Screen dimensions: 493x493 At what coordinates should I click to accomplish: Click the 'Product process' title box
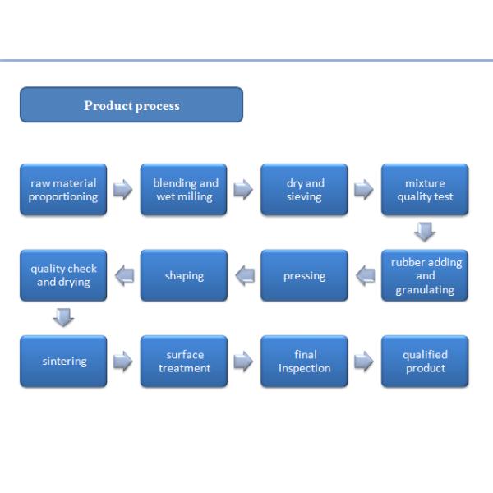(x=131, y=105)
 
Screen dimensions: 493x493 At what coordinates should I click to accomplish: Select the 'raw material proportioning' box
(x=63, y=190)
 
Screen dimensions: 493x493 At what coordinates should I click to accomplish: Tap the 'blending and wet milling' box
(x=184, y=190)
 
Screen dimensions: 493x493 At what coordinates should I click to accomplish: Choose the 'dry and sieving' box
(x=304, y=190)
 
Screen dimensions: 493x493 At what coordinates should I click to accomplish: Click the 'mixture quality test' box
(x=425, y=190)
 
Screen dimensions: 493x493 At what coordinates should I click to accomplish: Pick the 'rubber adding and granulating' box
(x=425, y=276)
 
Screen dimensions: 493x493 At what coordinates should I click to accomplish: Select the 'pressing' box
(x=304, y=276)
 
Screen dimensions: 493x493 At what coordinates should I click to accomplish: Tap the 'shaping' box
(x=184, y=276)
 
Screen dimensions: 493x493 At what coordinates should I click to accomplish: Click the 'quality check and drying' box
(x=63, y=276)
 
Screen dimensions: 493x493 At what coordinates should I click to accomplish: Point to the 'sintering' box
(x=63, y=362)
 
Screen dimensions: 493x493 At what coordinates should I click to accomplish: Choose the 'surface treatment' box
(x=184, y=362)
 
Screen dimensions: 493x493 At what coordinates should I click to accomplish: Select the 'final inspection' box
(x=304, y=362)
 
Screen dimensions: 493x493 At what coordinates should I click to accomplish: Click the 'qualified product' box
(x=425, y=362)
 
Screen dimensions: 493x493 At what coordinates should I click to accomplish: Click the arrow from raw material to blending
(x=123, y=190)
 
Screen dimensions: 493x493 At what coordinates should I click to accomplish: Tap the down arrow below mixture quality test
(x=425, y=233)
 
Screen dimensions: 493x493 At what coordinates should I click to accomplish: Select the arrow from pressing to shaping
(x=244, y=276)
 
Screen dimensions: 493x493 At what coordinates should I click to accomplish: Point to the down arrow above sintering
(x=63, y=318)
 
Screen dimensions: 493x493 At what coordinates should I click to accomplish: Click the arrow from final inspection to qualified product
(x=364, y=362)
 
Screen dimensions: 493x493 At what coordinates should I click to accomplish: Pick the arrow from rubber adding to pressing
(x=365, y=276)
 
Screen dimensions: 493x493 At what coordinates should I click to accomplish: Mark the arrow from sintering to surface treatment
(x=123, y=362)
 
